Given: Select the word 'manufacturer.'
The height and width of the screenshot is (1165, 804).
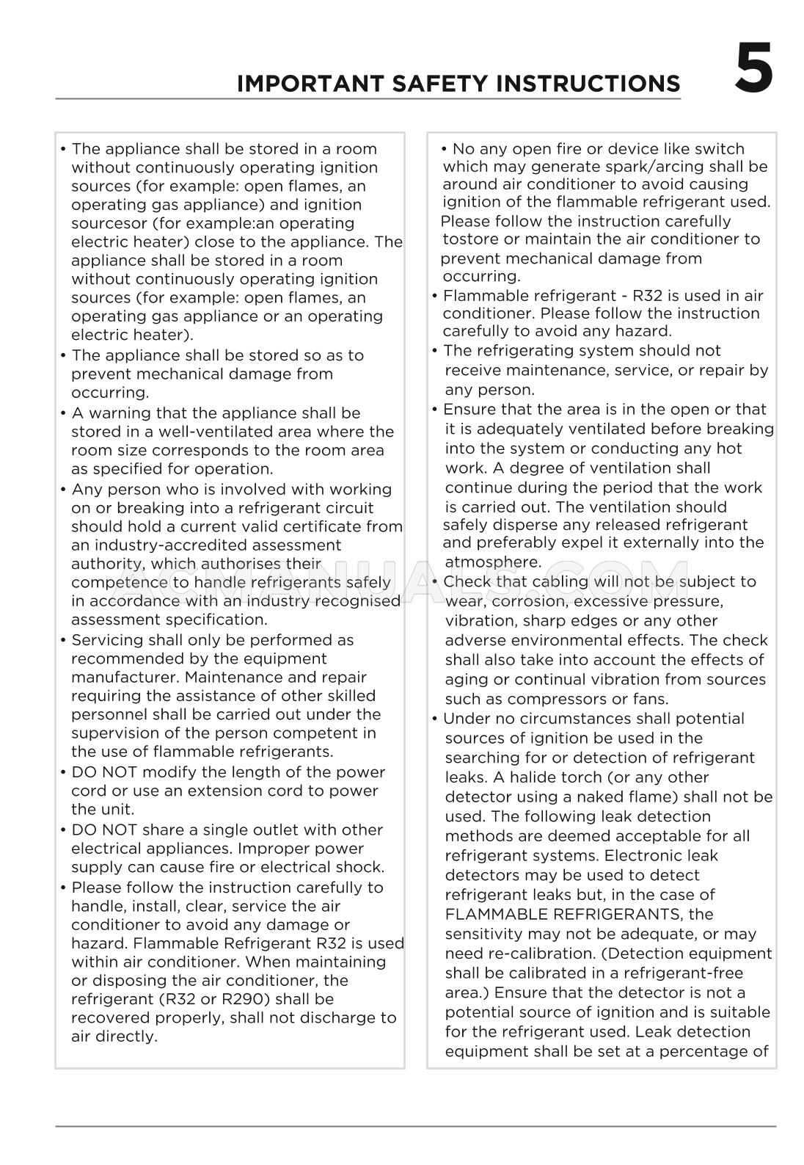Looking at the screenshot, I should point(125,677).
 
